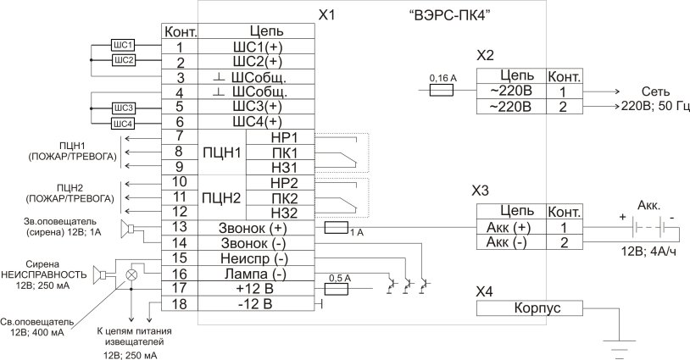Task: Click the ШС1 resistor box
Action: click(x=122, y=44)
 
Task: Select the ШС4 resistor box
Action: click(x=122, y=123)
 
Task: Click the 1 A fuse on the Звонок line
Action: click(x=337, y=227)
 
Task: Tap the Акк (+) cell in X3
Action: click(x=510, y=227)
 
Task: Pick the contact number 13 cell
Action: click(x=180, y=228)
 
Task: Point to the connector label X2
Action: click(x=486, y=56)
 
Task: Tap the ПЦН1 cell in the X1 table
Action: click(x=222, y=152)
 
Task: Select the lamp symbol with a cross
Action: click(x=131, y=274)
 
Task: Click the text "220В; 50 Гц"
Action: click(x=655, y=107)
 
